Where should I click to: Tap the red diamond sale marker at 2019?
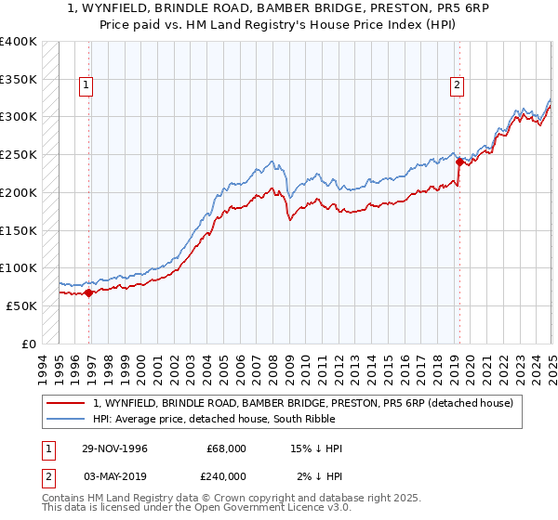(x=459, y=162)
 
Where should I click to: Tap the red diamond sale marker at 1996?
(x=89, y=292)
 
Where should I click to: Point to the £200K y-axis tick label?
(x=19, y=192)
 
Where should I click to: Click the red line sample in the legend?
(x=67, y=403)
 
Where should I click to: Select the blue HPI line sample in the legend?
(x=67, y=419)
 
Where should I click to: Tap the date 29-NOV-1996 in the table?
(x=114, y=448)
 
